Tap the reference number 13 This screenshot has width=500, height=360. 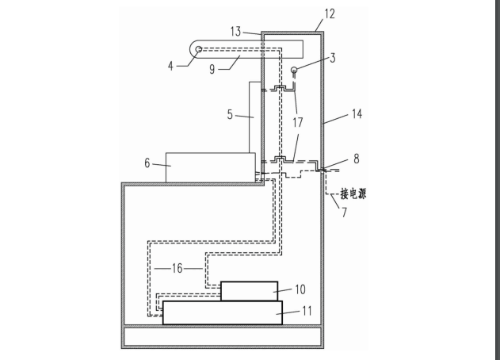click(x=235, y=31)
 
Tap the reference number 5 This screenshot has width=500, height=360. click(x=231, y=116)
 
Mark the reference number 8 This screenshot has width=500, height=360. click(x=356, y=159)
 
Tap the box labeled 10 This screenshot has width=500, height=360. click(x=250, y=291)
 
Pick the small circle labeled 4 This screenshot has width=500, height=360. click(x=198, y=50)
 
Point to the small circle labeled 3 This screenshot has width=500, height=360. click(x=293, y=70)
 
